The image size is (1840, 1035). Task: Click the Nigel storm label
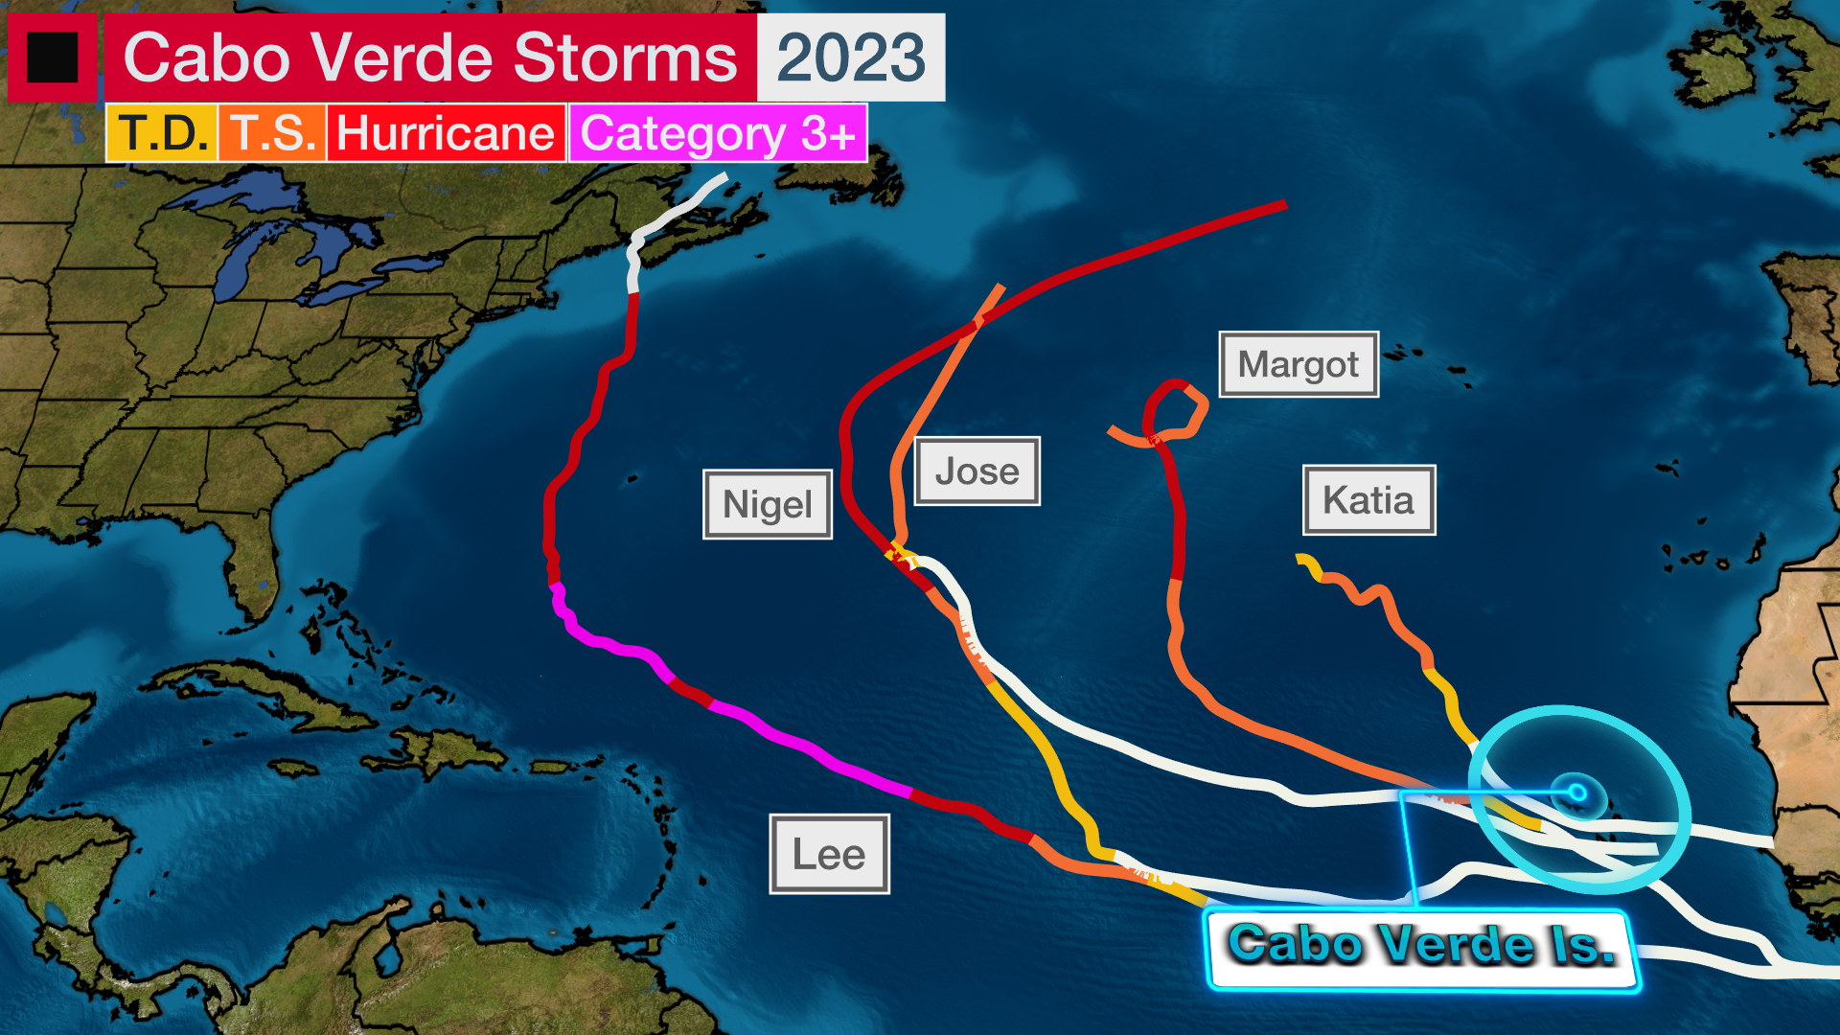tap(768, 504)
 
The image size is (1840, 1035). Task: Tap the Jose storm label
tap(977, 471)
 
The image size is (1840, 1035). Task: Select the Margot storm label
tap(1299, 364)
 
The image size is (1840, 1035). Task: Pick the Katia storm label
tap(1368, 500)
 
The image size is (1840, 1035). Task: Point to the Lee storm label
tap(829, 854)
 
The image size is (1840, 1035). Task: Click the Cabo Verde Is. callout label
tap(1422, 947)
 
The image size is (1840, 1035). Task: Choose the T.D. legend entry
tap(162, 133)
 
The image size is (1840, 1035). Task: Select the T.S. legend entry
tap(272, 133)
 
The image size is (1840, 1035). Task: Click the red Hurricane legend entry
tap(446, 133)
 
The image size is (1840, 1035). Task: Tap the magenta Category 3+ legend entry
tap(718, 133)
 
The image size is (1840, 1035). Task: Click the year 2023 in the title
tap(851, 57)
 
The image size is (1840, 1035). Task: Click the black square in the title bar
tap(52, 57)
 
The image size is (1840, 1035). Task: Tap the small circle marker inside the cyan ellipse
tap(1576, 793)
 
